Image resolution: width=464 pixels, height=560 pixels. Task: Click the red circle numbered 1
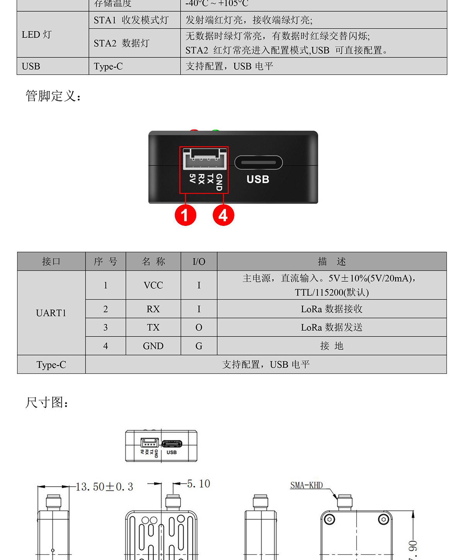coord(185,215)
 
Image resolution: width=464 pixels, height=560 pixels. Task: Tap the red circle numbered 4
coord(223,215)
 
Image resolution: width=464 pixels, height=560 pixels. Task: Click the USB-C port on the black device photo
coord(258,162)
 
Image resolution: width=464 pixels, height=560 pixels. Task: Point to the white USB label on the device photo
coord(258,179)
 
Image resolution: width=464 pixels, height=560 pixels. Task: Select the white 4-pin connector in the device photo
coord(204,159)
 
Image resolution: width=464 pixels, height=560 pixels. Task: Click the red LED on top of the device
coord(194,131)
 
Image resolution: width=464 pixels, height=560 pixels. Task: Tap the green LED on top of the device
coord(215,131)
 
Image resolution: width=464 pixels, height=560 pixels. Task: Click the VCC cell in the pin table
coord(153,285)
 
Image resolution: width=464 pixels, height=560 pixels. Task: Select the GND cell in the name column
coord(153,346)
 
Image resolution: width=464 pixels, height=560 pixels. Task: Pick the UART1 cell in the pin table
coord(51,313)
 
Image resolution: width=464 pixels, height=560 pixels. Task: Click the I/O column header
coord(199,262)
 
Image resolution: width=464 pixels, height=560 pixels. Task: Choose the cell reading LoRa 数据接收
coord(331,309)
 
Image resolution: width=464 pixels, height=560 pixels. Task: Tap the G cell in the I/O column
coord(199,346)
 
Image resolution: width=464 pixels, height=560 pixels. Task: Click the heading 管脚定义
coord(53,96)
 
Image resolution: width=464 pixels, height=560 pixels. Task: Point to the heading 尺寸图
coord(47,403)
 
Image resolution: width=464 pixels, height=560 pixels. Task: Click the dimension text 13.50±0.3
coord(104,487)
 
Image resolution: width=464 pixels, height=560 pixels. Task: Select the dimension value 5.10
coord(198,484)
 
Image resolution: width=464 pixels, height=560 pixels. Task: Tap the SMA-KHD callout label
coord(306,485)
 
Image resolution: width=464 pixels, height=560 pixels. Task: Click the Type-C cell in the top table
coord(108,66)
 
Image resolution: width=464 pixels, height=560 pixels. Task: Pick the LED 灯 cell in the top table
coord(37,35)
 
